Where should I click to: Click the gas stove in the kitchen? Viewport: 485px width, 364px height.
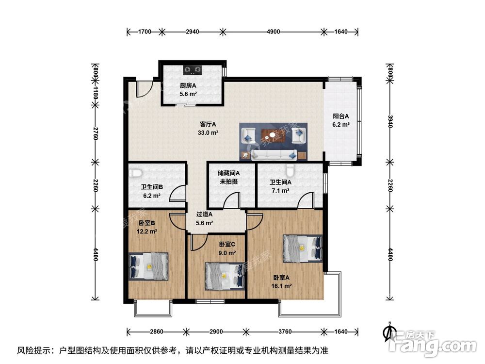(x=193, y=70)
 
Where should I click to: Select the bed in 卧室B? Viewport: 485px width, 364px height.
(x=148, y=266)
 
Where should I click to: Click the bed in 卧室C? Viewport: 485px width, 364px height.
(x=224, y=275)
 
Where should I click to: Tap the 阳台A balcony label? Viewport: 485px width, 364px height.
(x=341, y=116)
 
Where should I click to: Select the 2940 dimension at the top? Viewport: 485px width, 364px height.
(x=192, y=32)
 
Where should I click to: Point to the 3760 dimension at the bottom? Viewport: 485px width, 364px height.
(x=285, y=331)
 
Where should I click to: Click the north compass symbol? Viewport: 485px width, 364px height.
(x=388, y=332)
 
